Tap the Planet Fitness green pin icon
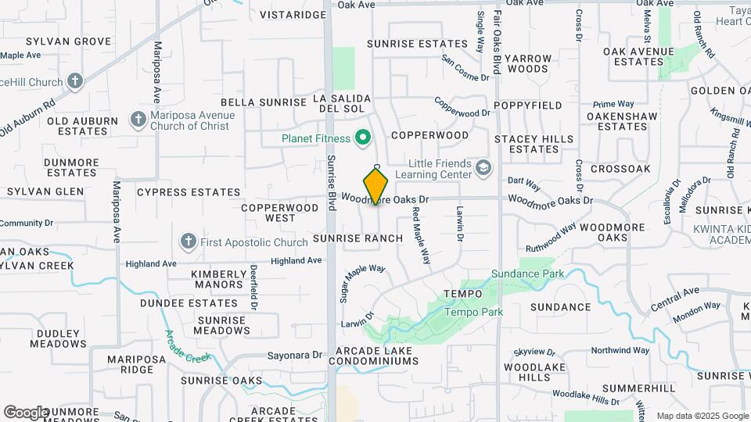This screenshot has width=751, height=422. click(362, 138)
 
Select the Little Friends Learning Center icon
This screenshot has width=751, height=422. click(484, 167)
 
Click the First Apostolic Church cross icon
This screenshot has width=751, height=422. click(188, 241)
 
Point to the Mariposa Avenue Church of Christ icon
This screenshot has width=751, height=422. click(138, 120)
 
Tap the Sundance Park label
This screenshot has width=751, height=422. click(516, 274)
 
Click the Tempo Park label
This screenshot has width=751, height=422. click(473, 312)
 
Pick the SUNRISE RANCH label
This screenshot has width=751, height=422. click(358, 238)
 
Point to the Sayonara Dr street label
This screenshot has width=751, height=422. click(295, 354)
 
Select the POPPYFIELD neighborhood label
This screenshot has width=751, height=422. click(528, 105)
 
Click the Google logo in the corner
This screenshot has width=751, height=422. click(25, 412)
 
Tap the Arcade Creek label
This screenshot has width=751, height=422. click(189, 346)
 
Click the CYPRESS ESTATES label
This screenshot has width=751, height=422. click(189, 191)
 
